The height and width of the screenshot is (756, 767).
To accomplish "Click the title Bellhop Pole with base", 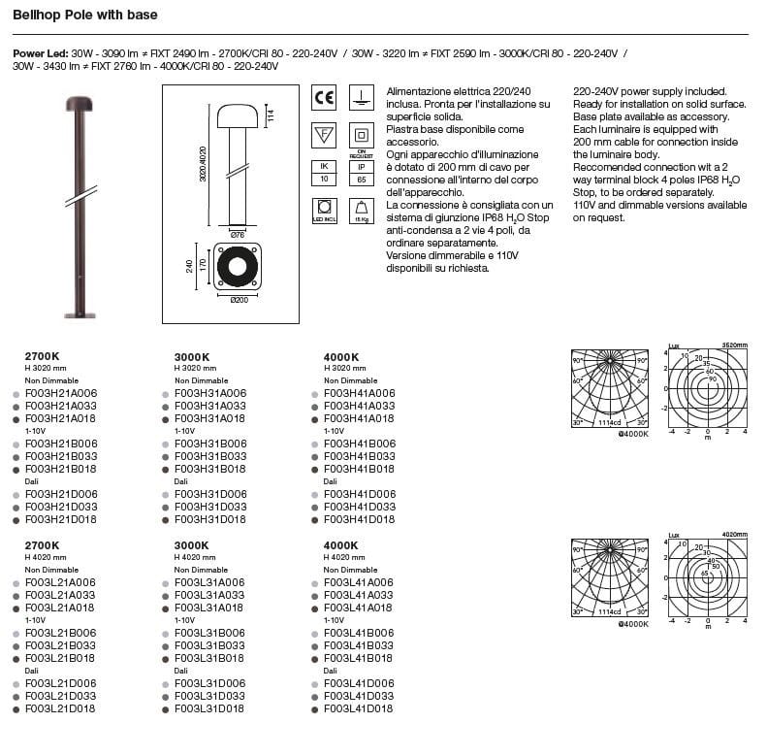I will [x=84, y=16].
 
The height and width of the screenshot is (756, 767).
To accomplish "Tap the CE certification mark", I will [x=324, y=97].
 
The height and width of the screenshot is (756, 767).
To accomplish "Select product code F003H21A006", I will [x=60, y=393].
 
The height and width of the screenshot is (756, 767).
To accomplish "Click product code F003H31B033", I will [x=210, y=455].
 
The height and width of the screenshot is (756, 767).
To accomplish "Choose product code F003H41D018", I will [x=359, y=519].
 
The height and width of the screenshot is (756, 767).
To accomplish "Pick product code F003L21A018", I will [x=60, y=608].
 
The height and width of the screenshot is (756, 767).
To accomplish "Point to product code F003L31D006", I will [x=210, y=683].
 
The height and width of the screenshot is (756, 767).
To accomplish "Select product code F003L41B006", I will [x=359, y=633].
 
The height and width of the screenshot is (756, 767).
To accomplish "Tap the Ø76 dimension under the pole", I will [x=237, y=233].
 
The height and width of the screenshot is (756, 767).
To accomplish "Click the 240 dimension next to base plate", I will [x=190, y=266].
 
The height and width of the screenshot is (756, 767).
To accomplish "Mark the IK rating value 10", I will [x=324, y=180].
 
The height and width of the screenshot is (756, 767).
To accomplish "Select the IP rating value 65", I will [x=360, y=180].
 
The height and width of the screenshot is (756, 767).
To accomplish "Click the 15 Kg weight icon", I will [x=360, y=210].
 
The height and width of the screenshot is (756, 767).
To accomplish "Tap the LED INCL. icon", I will [x=324, y=210].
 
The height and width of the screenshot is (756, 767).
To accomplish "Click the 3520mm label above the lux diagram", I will [x=734, y=345].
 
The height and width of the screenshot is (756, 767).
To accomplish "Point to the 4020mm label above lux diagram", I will [x=734, y=534].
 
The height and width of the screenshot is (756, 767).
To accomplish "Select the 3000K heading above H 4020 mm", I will [x=193, y=545].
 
